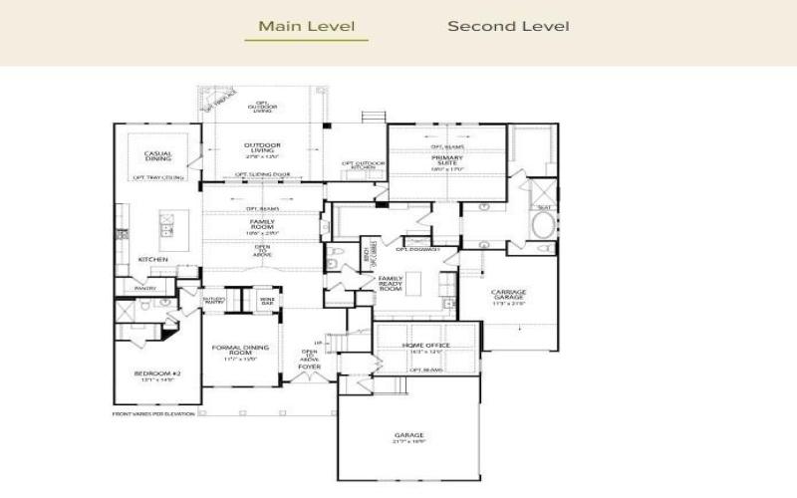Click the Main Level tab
[306, 26]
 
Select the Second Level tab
[508, 26]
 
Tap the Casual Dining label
[157, 156]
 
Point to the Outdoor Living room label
[262, 149]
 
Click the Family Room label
[262, 226]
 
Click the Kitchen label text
[152, 259]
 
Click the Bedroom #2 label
[156, 375]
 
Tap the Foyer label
[310, 367]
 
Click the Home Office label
[425, 347]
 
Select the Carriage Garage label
[509, 296]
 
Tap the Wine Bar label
[267, 299]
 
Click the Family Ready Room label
[390, 283]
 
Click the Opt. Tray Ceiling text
[157, 177]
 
